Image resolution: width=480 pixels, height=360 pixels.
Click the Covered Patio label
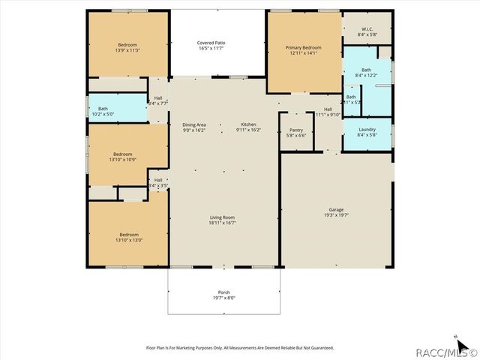(211, 43)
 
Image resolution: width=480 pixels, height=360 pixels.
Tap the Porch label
(223, 292)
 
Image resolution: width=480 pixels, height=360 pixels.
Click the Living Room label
(223, 217)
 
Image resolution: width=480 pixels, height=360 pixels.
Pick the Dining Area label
(194, 124)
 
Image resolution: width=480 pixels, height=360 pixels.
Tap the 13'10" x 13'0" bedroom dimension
(127, 240)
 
